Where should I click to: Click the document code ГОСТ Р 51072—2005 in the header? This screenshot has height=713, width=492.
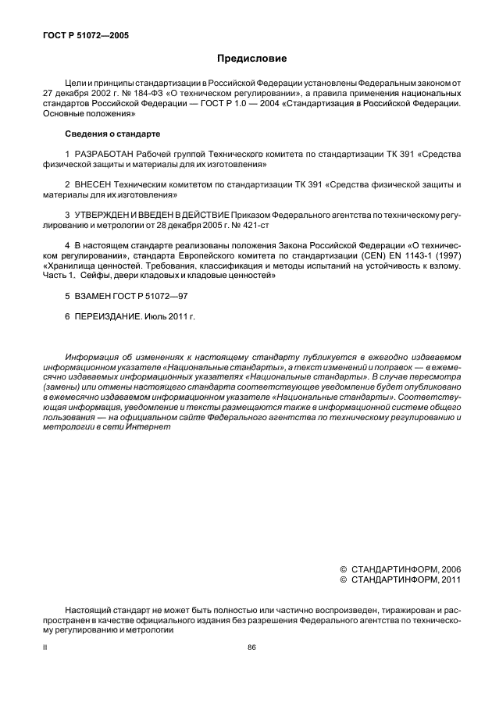tap(74, 36)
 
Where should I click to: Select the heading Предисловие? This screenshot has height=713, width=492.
tap(251, 59)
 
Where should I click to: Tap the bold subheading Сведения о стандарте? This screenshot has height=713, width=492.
tap(103, 134)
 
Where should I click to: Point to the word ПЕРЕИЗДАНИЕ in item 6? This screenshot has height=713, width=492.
tap(108, 317)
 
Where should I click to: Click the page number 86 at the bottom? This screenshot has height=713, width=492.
tap(251, 647)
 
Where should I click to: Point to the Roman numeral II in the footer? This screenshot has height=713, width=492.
tap(45, 647)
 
